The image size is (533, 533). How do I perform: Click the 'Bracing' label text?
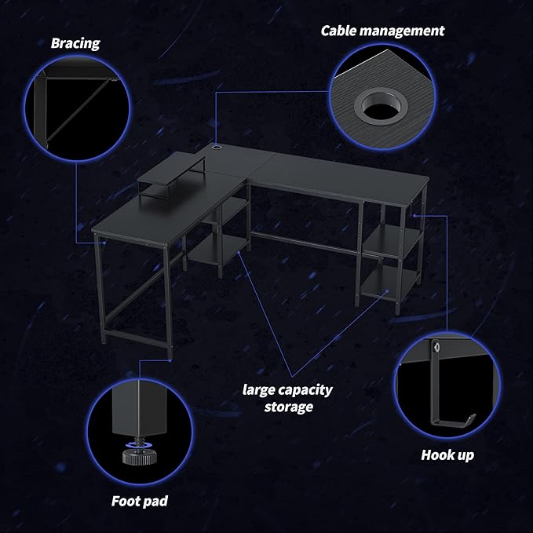pyautogui.click(x=75, y=43)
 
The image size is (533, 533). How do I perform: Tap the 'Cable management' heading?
pyautogui.click(x=382, y=31)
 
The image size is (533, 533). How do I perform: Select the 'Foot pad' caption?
pyautogui.click(x=140, y=502)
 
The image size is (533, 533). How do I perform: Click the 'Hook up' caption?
pyautogui.click(x=447, y=455)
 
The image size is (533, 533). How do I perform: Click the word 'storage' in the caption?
pyautogui.click(x=289, y=407)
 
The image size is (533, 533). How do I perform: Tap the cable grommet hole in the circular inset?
pyautogui.click(x=380, y=105)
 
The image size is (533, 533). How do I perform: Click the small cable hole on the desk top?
pyautogui.click(x=216, y=148)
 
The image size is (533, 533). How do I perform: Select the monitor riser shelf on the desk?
pyautogui.click(x=171, y=177)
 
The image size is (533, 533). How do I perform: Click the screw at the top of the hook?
pyautogui.click(x=436, y=347)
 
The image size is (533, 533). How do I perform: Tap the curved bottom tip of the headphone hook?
pyautogui.click(x=471, y=418)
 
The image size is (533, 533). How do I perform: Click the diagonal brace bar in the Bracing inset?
pyautogui.click(x=77, y=110)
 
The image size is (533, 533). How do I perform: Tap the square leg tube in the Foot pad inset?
pyautogui.click(x=139, y=407)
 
